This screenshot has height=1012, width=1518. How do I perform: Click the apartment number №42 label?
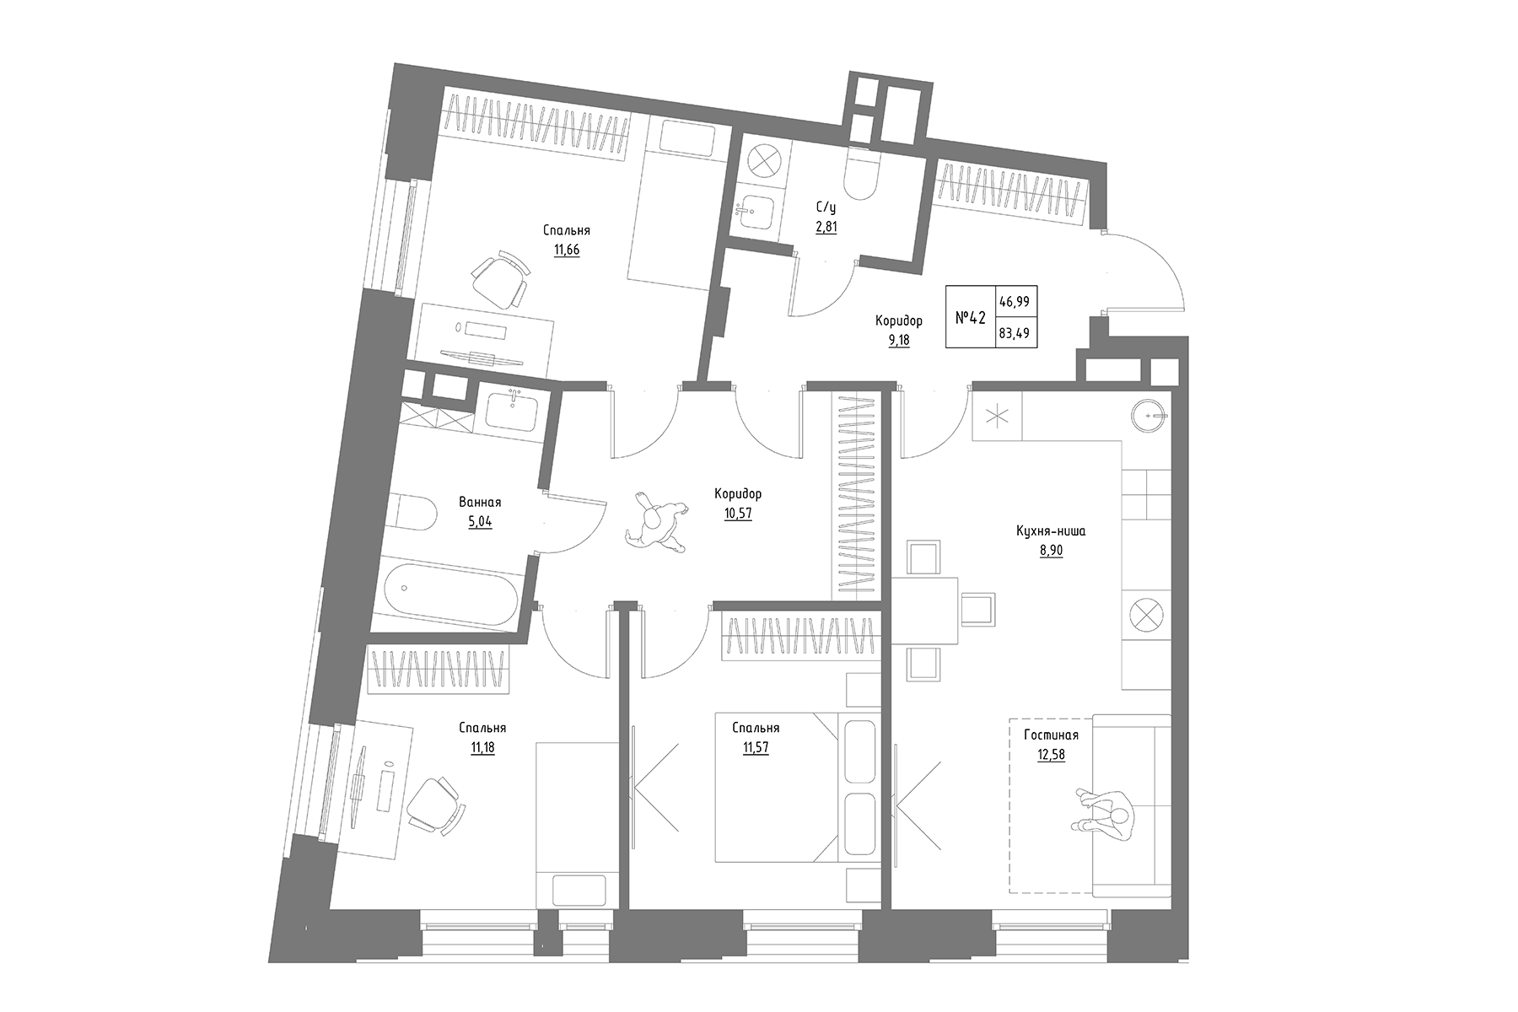point(970,318)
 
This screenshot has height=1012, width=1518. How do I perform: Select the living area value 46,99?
point(1017,300)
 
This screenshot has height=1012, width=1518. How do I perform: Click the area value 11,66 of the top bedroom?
point(567,250)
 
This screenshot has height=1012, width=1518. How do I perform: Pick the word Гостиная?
point(1051,735)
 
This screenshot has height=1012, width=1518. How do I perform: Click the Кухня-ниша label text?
point(1051,531)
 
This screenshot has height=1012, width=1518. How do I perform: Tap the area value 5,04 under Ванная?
point(480,521)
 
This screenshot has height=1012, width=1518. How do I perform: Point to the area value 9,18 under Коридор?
point(898,340)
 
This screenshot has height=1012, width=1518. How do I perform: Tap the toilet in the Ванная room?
point(412,514)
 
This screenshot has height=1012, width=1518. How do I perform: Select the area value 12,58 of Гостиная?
point(1051,755)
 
